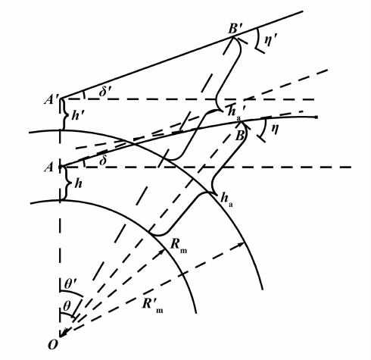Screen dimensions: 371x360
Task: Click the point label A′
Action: [x=52, y=99]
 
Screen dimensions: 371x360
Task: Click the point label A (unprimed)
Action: [x=48, y=167]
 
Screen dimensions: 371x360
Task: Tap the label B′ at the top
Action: [x=235, y=29]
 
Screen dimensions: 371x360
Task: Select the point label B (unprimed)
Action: [x=239, y=136]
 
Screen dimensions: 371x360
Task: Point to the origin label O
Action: [x=53, y=345]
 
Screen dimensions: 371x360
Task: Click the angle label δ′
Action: [x=105, y=92]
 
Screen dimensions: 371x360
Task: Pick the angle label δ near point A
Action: [x=103, y=161]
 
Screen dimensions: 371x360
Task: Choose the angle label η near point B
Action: [x=275, y=129]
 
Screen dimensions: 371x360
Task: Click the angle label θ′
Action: [x=70, y=284]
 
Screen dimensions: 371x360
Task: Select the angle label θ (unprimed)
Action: [x=67, y=306]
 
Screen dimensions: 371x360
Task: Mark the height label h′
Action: [x=76, y=115]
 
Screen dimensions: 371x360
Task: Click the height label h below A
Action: [x=79, y=183]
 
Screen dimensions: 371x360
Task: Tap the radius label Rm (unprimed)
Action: [x=179, y=245]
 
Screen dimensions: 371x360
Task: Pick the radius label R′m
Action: [x=152, y=305]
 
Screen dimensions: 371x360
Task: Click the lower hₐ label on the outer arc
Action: [x=226, y=199]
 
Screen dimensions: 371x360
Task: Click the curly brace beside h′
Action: [x=64, y=114]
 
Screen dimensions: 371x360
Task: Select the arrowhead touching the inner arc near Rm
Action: [x=162, y=252]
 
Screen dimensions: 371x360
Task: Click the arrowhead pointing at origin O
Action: [x=64, y=332]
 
